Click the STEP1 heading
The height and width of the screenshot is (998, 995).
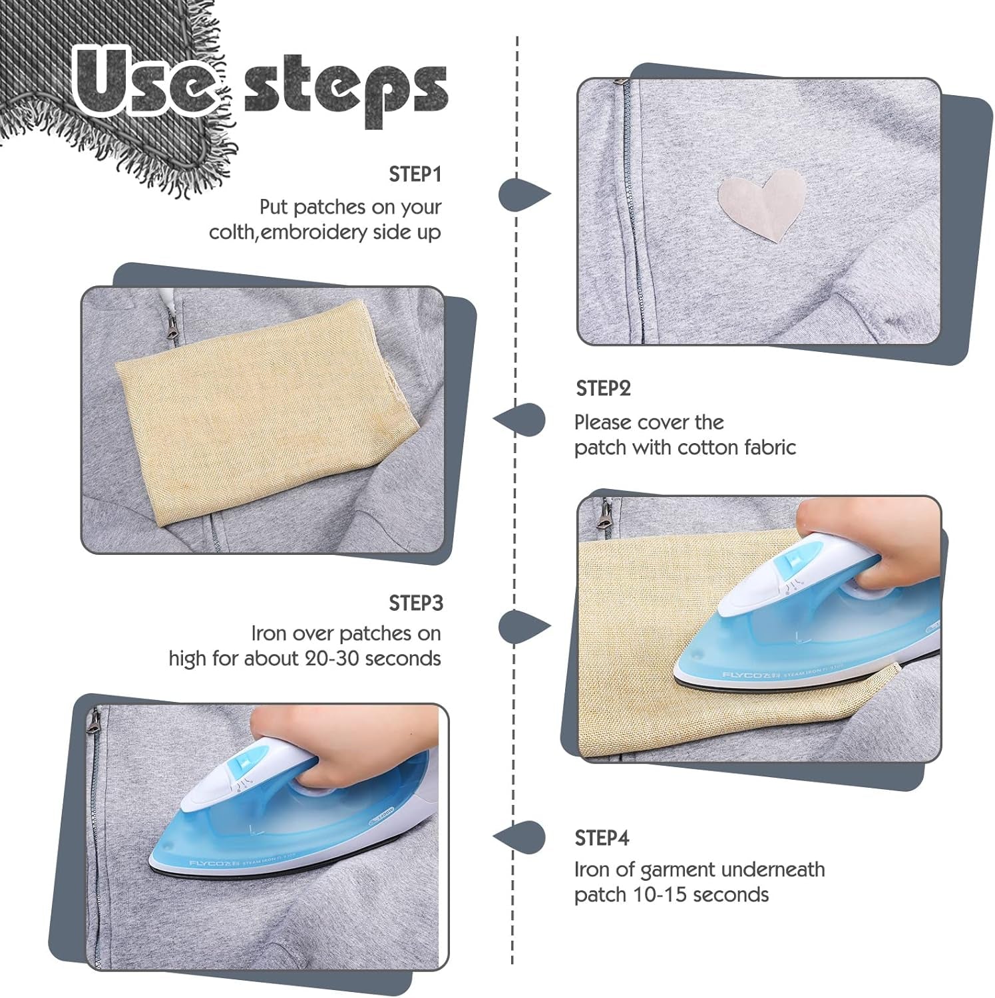coord(415,174)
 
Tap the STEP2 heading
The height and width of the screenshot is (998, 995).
coord(603,389)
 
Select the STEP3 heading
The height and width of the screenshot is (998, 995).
coord(415,603)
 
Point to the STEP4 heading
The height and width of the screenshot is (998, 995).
coord(602,838)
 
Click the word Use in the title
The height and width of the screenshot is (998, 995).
coord(144,83)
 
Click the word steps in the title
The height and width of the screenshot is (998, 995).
coord(345,90)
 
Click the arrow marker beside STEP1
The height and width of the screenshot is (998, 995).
coord(523,194)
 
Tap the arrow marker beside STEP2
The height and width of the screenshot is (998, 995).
coord(520,420)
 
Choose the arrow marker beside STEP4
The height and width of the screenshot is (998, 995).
coord(520,836)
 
